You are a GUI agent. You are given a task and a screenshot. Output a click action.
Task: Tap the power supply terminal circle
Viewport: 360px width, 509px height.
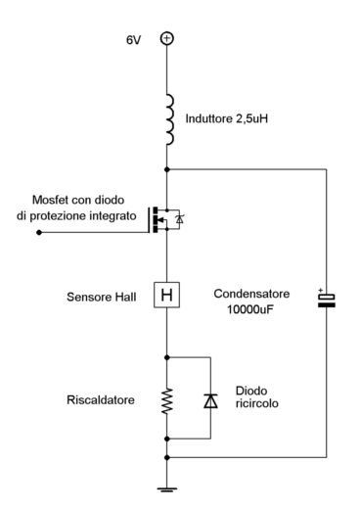(167, 38)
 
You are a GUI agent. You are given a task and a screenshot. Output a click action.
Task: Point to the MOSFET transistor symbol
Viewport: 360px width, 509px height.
(158, 220)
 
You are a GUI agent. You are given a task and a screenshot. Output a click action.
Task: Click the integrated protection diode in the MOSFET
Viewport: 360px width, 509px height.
(178, 221)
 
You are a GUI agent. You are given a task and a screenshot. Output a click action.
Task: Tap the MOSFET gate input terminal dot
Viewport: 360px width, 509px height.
(38, 234)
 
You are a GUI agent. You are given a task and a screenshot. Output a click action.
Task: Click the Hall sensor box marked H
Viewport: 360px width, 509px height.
(167, 295)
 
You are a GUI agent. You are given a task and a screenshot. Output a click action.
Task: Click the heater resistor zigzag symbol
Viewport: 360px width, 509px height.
(167, 399)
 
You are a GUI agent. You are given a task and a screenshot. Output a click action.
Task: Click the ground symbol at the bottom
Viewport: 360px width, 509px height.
(167, 488)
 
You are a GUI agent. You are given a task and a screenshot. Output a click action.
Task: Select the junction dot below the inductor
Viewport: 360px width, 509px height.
(167, 167)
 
